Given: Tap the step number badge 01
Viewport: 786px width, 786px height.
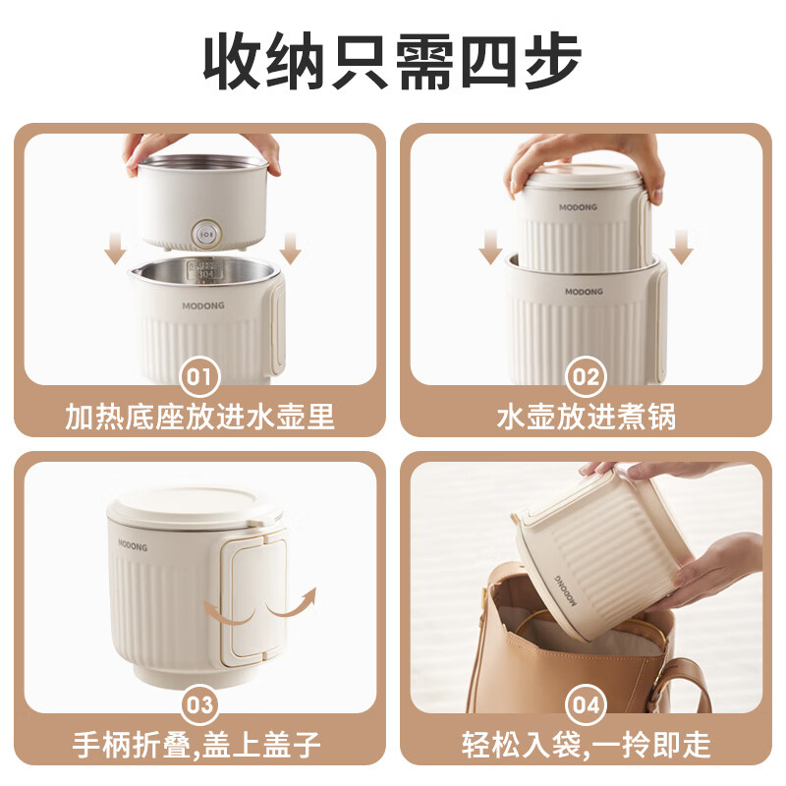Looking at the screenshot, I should (200, 376).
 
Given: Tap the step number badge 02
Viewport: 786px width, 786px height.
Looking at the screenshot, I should (586, 376).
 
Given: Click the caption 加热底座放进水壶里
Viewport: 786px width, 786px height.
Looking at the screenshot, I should (200, 417).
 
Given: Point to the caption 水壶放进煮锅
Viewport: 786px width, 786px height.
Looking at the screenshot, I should (586, 417).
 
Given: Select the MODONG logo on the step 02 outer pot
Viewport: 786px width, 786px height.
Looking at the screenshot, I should (586, 292).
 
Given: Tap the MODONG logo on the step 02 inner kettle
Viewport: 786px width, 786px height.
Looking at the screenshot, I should (578, 207).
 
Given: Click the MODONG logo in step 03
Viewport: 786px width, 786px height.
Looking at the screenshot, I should (138, 542).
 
